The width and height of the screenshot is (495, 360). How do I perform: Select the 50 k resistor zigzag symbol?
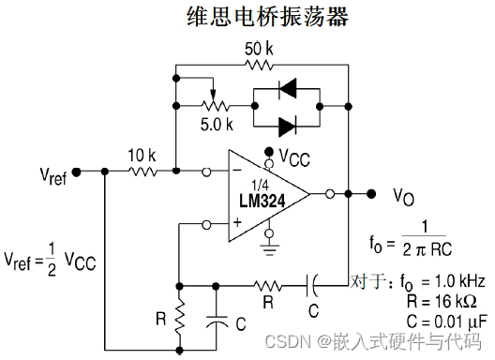click(x=260, y=67)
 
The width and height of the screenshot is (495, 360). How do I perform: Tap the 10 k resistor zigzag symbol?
click(x=143, y=172)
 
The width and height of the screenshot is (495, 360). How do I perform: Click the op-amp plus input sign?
click(x=236, y=224)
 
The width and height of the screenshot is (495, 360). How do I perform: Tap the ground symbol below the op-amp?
click(x=270, y=249)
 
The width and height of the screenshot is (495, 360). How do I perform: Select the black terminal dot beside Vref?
click(x=76, y=172)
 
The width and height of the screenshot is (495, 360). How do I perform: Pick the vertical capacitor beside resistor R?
click(x=217, y=317)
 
